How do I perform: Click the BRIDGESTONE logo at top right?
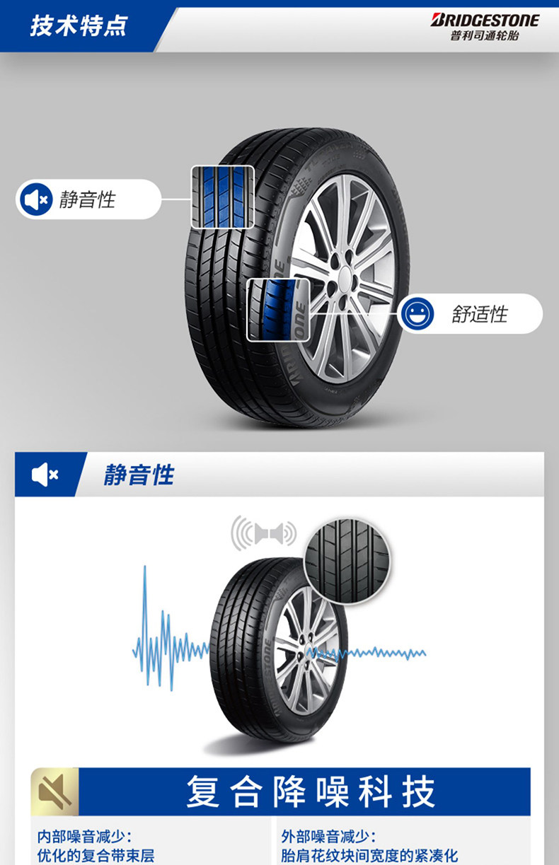click(x=485, y=20)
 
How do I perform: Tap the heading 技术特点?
click(x=79, y=26)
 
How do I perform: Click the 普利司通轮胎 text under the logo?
click(x=485, y=36)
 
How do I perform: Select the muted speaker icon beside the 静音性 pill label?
click(x=35, y=199)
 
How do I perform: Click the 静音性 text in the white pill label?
click(x=87, y=199)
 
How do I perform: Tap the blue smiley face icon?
click(x=416, y=313)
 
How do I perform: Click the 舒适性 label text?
click(x=480, y=314)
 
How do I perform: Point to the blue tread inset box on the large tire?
click(x=222, y=197)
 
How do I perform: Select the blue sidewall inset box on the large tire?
click(x=278, y=310)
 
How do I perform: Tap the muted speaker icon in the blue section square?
click(x=45, y=475)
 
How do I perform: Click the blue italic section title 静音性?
click(x=139, y=475)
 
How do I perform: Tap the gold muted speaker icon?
click(x=54, y=791)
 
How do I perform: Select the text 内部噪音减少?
click(x=84, y=837)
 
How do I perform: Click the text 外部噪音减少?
click(x=328, y=837)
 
